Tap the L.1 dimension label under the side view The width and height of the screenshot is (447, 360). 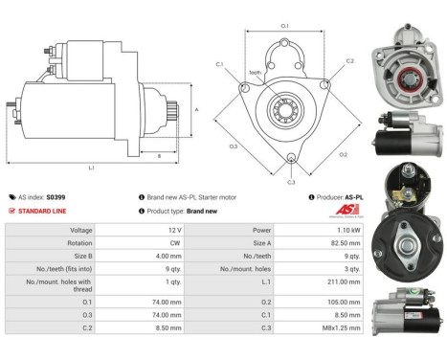point(92,169)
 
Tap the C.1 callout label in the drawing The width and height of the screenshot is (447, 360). point(219,64)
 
